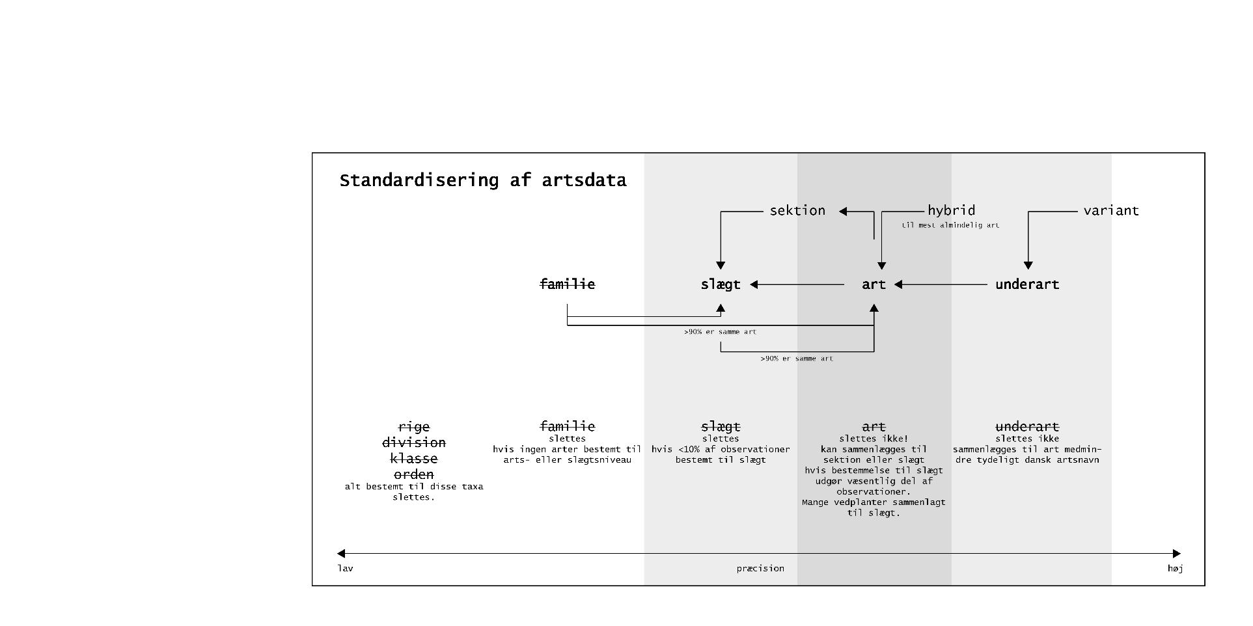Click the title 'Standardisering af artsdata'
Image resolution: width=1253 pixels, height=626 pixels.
point(482,180)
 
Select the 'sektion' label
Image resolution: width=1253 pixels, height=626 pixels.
point(797,211)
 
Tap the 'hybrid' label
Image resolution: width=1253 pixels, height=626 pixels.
point(951,210)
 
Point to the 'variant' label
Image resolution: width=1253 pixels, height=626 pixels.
point(1110,211)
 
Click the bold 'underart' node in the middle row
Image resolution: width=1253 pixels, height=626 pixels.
point(1027,284)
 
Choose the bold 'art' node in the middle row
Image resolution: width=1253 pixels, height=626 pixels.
point(874,284)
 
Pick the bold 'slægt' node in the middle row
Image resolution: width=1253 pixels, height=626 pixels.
point(721,284)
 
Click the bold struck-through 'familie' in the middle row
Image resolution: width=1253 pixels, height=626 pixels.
point(567,284)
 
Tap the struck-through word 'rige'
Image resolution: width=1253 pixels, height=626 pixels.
point(414,427)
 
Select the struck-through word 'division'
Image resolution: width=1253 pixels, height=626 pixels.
point(414,442)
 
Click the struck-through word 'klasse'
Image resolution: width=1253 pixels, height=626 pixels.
point(414,459)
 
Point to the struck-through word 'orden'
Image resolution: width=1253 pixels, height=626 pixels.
point(414,474)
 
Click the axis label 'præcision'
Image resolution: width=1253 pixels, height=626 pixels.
point(760,569)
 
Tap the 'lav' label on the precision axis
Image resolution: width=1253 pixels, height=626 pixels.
point(345,569)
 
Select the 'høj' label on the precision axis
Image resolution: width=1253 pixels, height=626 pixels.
point(1175,569)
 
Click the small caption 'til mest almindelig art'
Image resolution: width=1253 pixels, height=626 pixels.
point(950,225)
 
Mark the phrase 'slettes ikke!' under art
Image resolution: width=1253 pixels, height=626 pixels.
point(874,439)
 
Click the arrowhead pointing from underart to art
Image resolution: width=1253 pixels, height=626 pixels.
point(898,284)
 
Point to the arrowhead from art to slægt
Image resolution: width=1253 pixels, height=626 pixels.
point(754,284)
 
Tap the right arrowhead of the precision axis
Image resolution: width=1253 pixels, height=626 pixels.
point(1176,554)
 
